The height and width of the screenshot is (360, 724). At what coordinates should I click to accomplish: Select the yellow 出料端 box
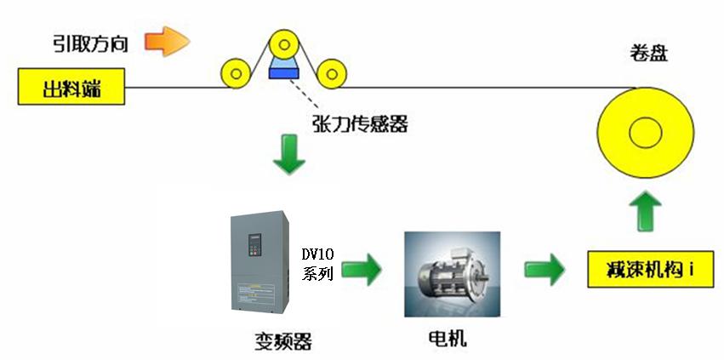point(71,86)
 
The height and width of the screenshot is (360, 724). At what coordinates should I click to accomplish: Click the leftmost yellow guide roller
point(232,73)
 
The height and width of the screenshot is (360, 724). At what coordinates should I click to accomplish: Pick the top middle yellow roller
point(283,45)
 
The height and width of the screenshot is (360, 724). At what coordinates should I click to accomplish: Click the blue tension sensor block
point(283,71)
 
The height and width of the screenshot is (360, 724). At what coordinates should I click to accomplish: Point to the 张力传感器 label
point(361,124)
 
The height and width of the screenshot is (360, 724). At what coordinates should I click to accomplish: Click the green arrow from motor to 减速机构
point(545,270)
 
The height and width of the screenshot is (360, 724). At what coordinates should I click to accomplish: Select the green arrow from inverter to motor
point(363,270)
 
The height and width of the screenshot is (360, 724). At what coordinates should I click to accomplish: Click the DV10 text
point(320,254)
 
